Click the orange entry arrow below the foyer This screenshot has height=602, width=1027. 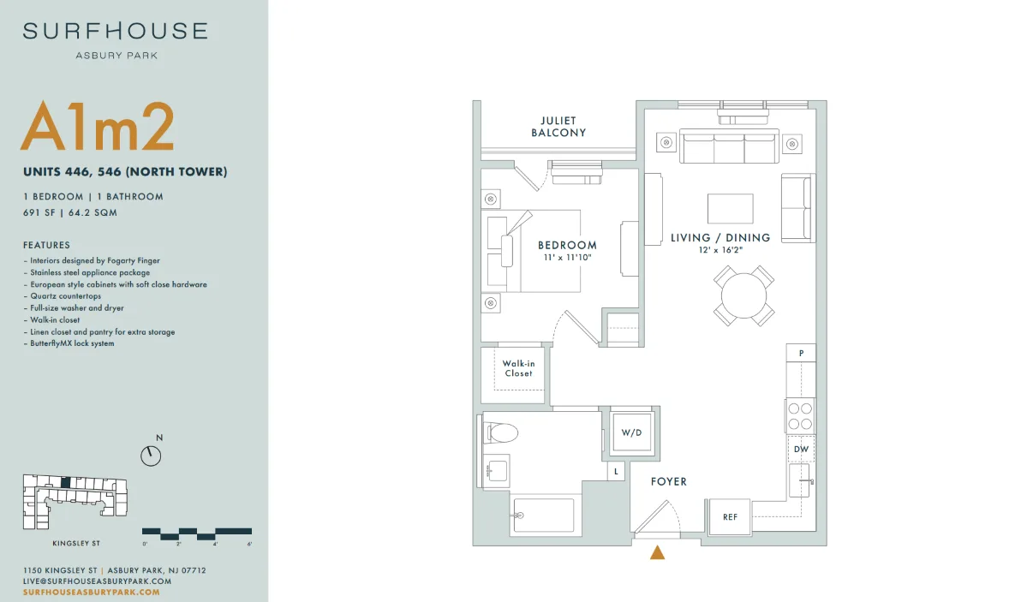(x=658, y=553)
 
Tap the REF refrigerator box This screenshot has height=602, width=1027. (x=730, y=517)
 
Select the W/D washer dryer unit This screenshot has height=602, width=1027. (x=632, y=432)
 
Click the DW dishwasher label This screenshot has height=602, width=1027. (x=801, y=450)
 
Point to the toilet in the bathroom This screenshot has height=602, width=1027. (x=500, y=432)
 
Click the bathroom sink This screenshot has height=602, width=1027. (x=497, y=471)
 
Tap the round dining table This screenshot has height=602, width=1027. (x=744, y=295)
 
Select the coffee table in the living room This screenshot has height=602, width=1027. (x=731, y=209)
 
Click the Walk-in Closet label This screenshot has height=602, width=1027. (x=518, y=368)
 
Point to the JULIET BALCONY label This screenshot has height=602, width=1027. (x=558, y=127)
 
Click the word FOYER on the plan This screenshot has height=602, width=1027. (x=669, y=481)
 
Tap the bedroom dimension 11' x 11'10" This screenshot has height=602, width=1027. (x=567, y=258)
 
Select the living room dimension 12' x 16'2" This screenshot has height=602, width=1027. (x=720, y=250)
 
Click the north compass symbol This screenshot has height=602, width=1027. (x=151, y=456)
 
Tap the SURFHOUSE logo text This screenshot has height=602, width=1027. (x=116, y=31)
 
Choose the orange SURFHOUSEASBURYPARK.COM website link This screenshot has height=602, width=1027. (x=91, y=593)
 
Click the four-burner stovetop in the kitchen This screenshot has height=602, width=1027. (x=800, y=416)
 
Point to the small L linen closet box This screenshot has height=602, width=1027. (x=616, y=472)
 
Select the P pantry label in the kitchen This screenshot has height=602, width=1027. (x=801, y=353)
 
